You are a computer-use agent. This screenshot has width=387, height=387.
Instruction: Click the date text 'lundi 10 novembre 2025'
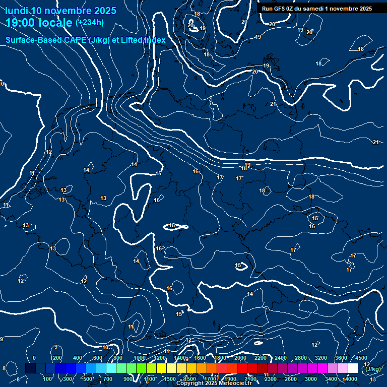click(60, 11)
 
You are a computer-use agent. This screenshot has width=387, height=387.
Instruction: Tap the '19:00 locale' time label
click(38, 23)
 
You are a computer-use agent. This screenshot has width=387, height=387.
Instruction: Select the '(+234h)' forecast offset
click(89, 22)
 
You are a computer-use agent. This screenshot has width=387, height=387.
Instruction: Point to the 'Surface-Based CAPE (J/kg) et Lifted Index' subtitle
click(86, 40)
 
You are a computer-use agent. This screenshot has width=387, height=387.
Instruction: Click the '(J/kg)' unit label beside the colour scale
click(373, 369)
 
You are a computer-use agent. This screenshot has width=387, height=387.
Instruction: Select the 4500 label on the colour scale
click(361, 358)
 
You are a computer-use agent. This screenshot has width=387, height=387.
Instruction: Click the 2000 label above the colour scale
click(240, 358)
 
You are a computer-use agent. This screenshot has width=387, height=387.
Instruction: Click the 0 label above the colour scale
click(34, 358)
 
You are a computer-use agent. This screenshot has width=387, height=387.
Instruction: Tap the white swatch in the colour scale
click(353, 368)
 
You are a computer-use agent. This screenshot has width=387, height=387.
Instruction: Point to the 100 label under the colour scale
click(48, 379)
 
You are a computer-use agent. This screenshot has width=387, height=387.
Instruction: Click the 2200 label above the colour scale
click(261, 358)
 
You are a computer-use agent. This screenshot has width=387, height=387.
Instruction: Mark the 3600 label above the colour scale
click(341, 358)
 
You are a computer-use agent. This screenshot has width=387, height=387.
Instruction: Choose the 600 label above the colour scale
click(98, 358)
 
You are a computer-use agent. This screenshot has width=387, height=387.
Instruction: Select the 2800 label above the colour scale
click(301, 358)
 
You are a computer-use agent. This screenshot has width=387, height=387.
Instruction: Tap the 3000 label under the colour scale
click(311, 379)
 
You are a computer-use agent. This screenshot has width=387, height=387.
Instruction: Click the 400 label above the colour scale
click(78, 358)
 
